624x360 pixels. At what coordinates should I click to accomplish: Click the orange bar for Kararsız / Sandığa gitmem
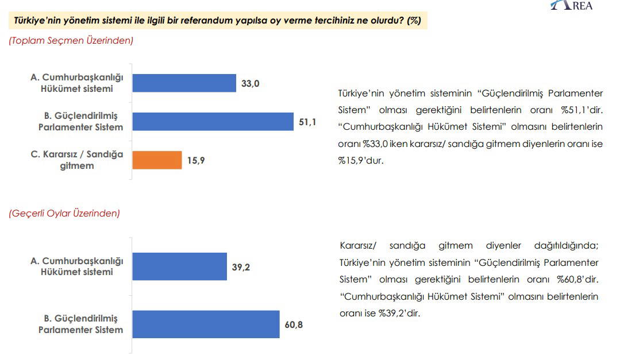pos(157,160)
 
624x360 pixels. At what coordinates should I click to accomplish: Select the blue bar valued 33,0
pos(184,83)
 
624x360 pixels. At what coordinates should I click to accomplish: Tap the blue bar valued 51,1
pos(213,122)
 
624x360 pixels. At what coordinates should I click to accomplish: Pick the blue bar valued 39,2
pos(180,266)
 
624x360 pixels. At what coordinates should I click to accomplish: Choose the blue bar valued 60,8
pos(206,324)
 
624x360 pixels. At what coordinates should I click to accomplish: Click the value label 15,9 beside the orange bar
pos(195,161)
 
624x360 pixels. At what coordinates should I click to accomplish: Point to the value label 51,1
pos(307,122)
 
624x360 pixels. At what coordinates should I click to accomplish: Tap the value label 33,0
pos(251,83)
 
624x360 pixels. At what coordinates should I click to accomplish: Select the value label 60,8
pos(294,324)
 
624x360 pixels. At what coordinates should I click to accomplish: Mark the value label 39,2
pos(241,266)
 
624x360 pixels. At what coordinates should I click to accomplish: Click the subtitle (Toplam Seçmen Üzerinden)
pos(71,40)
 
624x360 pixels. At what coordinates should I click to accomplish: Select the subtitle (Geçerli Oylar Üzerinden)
pos(64,213)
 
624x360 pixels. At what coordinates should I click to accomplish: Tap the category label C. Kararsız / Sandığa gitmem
pos(76,160)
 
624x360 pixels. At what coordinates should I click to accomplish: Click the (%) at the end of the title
pos(414,21)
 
